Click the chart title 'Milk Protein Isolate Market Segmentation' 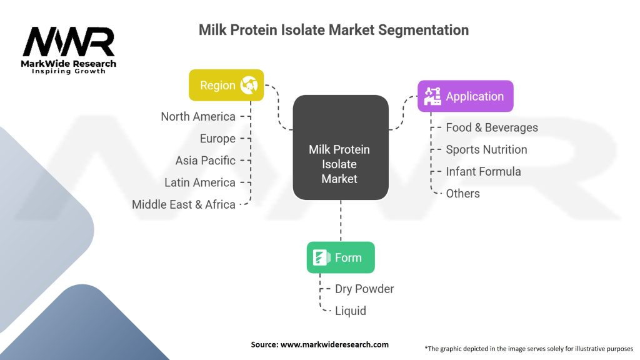[333, 29]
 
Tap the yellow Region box [226, 85]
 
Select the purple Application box [465, 96]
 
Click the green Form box [340, 257]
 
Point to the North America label [198, 116]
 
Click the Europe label [217, 138]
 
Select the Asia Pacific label [205, 160]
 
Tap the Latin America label [200, 182]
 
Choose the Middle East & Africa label [184, 204]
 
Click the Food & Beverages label [491, 127]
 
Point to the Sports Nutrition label [486, 149]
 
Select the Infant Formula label [483, 171]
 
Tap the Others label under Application [462, 193]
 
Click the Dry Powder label [365, 289]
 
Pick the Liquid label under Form [351, 311]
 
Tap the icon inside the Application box [432, 96]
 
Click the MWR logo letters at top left [69, 42]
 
